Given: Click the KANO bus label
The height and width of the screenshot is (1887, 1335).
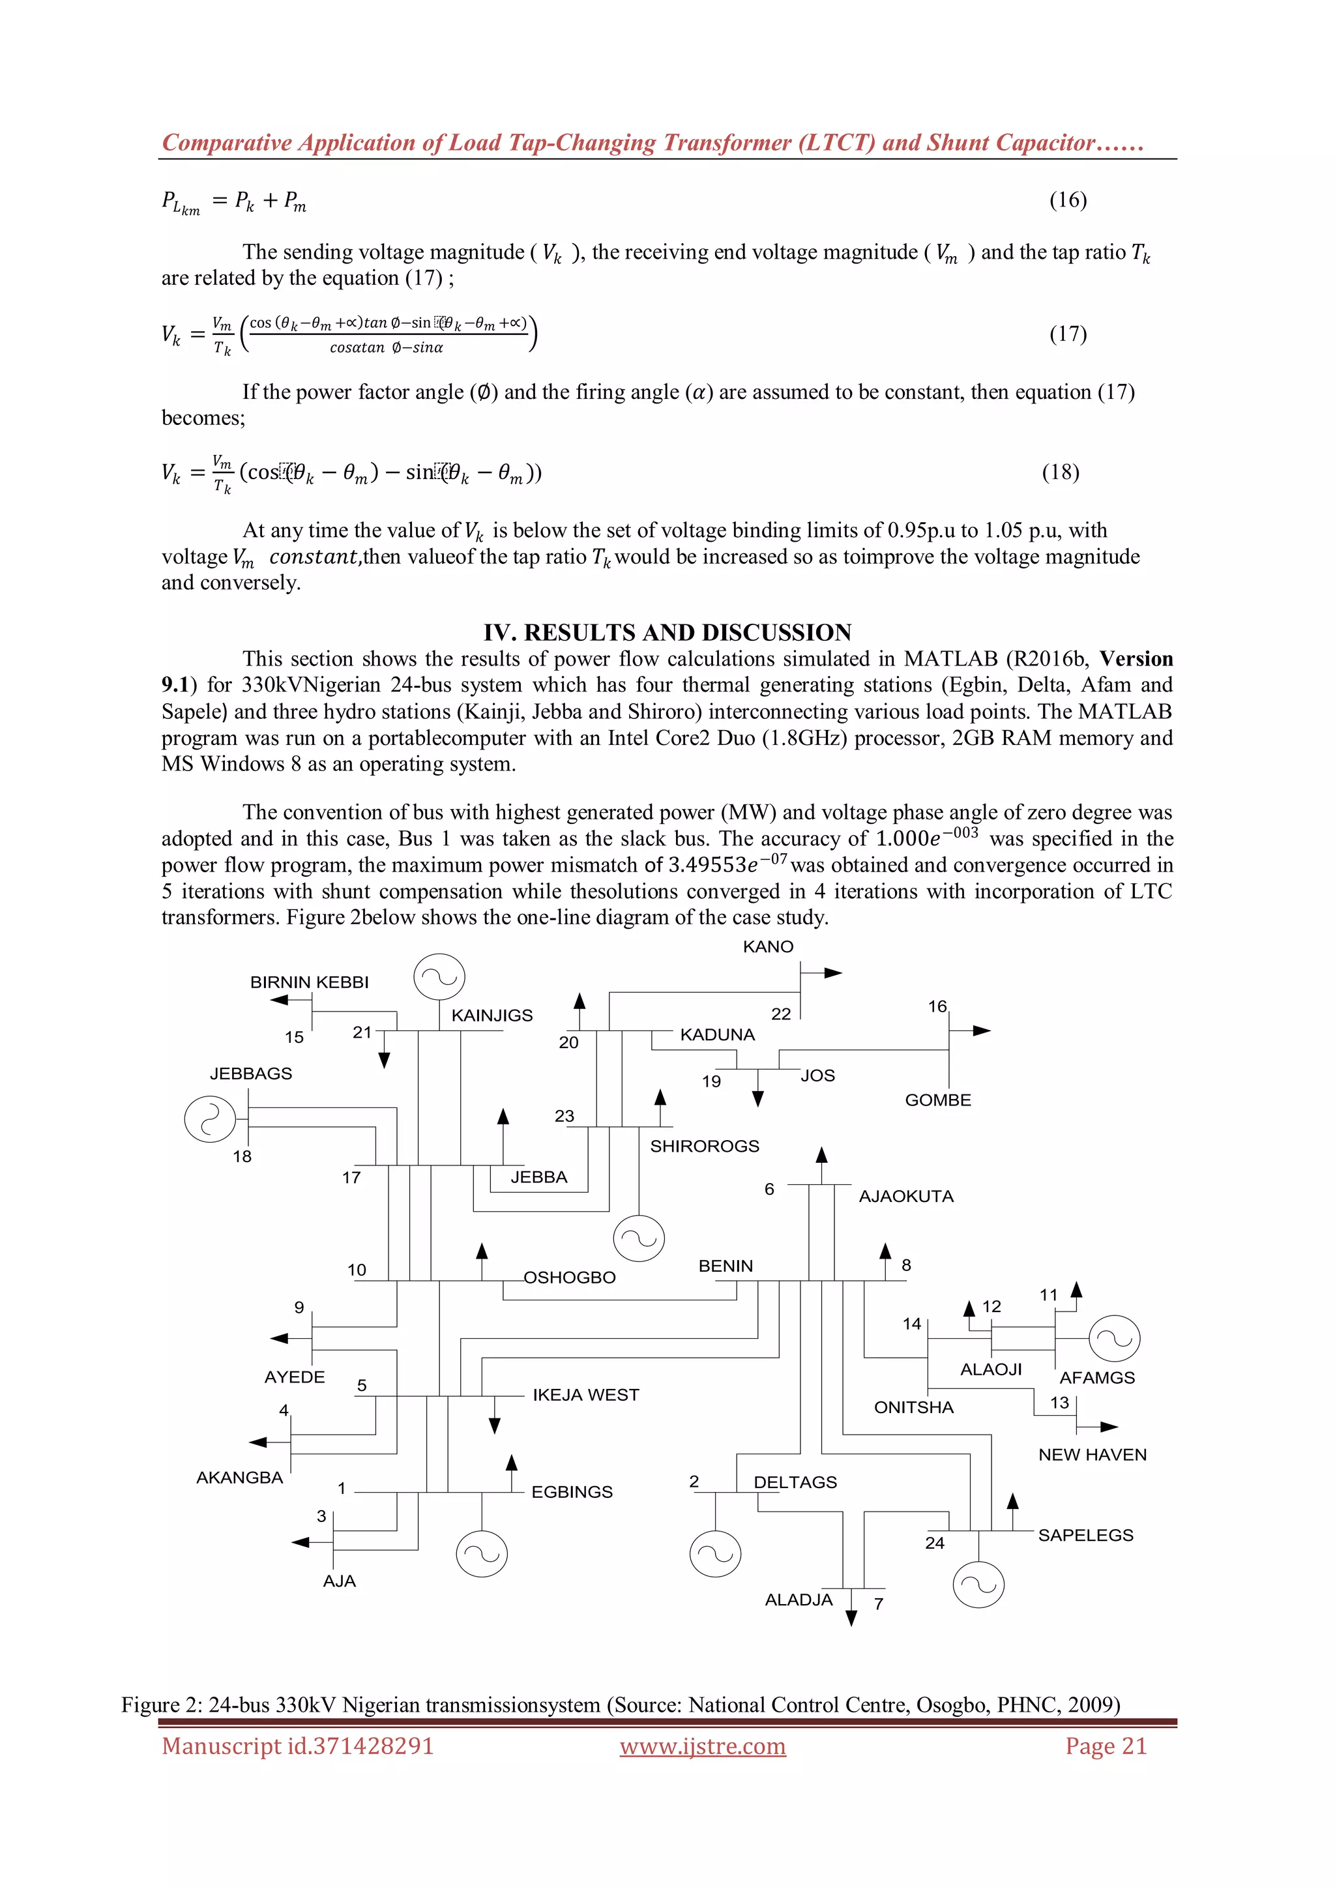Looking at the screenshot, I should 768,947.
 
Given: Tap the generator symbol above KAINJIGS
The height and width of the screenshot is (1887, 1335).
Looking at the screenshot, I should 439,978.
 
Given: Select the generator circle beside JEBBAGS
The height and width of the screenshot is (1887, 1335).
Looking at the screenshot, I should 211,1119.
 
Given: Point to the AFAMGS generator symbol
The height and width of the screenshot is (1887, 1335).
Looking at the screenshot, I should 1114,1339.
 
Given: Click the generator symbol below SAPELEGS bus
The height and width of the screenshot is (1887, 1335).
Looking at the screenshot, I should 978,1585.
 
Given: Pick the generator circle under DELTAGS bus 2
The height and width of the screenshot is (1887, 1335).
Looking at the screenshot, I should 714,1554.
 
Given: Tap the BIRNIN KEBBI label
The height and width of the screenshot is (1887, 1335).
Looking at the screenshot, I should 309,982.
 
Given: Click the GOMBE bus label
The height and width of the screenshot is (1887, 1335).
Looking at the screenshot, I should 938,1100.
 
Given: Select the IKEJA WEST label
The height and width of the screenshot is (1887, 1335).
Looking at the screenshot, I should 585,1395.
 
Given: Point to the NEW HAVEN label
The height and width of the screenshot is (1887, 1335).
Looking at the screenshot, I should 1092,1455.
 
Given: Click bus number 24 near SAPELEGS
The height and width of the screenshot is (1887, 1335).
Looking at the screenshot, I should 935,1543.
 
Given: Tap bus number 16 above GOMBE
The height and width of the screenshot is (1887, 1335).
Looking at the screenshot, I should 937,1007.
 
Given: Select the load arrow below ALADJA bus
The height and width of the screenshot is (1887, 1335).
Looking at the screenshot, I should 851,1616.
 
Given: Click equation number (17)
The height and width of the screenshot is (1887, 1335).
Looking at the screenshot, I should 1068,334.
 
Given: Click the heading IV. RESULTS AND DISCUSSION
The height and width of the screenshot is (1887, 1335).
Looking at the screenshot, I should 667,632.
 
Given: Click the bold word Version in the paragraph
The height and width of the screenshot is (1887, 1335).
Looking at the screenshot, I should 1136,659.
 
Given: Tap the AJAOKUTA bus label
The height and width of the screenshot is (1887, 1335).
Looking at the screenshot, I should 906,1197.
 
